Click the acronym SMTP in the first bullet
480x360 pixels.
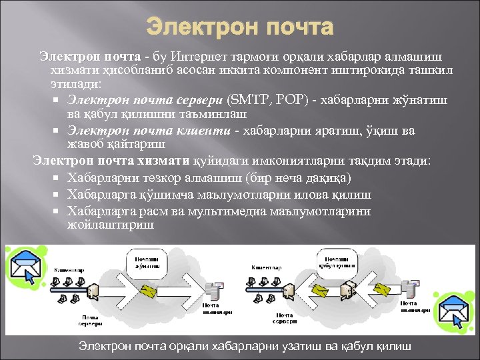coord(249,100)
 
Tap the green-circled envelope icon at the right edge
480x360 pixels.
coord(455,313)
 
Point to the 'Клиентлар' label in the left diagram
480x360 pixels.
coord(69,269)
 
